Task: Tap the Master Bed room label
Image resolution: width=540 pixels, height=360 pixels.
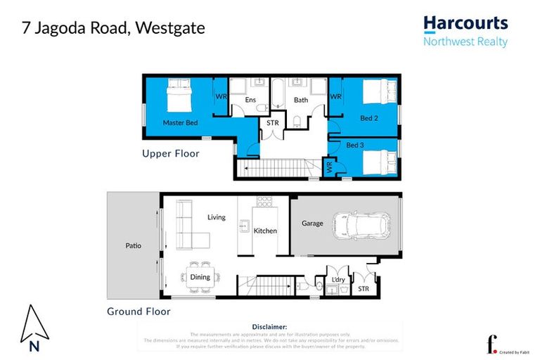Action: pos(180,122)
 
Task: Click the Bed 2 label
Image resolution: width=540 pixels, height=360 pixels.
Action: pos(369,118)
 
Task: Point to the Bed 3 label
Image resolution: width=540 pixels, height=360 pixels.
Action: pos(356,145)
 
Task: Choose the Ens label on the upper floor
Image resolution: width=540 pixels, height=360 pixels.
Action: pos(250,100)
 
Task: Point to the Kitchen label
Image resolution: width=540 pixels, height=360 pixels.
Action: pos(265,231)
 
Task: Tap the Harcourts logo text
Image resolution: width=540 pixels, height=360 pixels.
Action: pos(465,24)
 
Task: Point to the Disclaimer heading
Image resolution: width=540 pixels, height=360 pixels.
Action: pos(269,327)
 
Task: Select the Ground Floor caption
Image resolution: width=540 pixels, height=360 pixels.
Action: pos(139,311)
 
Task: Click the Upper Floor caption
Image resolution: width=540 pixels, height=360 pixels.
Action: pos(171,153)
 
